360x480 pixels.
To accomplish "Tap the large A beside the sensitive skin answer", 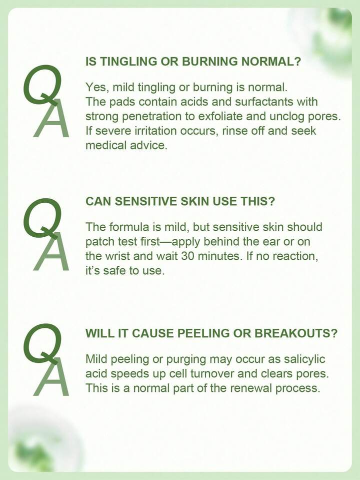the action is tap(51, 252).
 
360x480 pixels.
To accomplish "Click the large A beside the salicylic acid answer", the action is tap(51, 377).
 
